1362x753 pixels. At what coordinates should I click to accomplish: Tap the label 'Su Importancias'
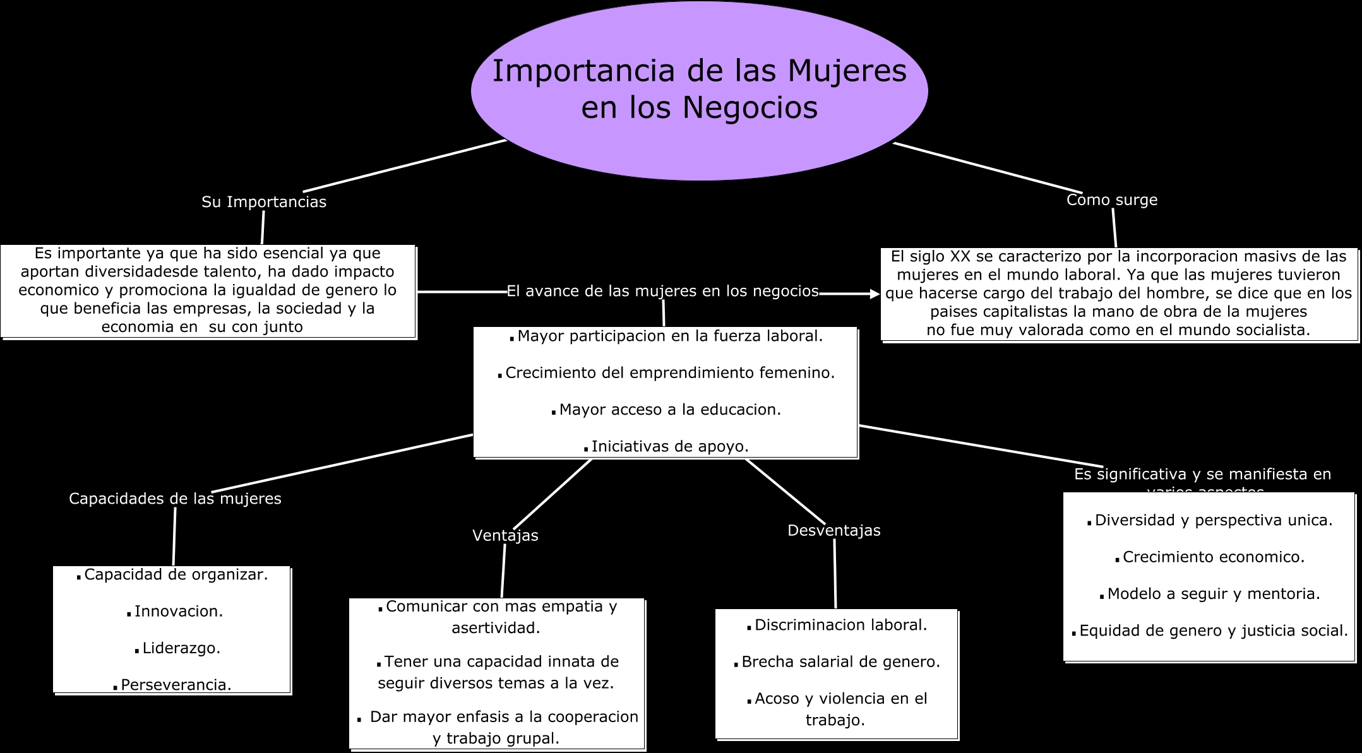[x=264, y=202]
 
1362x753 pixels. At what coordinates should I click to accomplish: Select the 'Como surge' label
[x=1112, y=200]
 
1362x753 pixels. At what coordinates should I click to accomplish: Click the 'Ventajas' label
[x=505, y=535]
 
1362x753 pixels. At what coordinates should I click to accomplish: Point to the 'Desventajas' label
[x=833, y=531]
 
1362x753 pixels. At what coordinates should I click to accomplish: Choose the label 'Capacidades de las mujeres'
[x=175, y=499]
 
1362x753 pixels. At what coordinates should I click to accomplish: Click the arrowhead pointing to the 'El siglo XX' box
[x=875, y=293]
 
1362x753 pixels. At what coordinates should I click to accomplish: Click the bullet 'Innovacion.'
[x=179, y=612]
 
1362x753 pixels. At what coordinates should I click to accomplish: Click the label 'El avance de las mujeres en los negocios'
[x=662, y=291]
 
